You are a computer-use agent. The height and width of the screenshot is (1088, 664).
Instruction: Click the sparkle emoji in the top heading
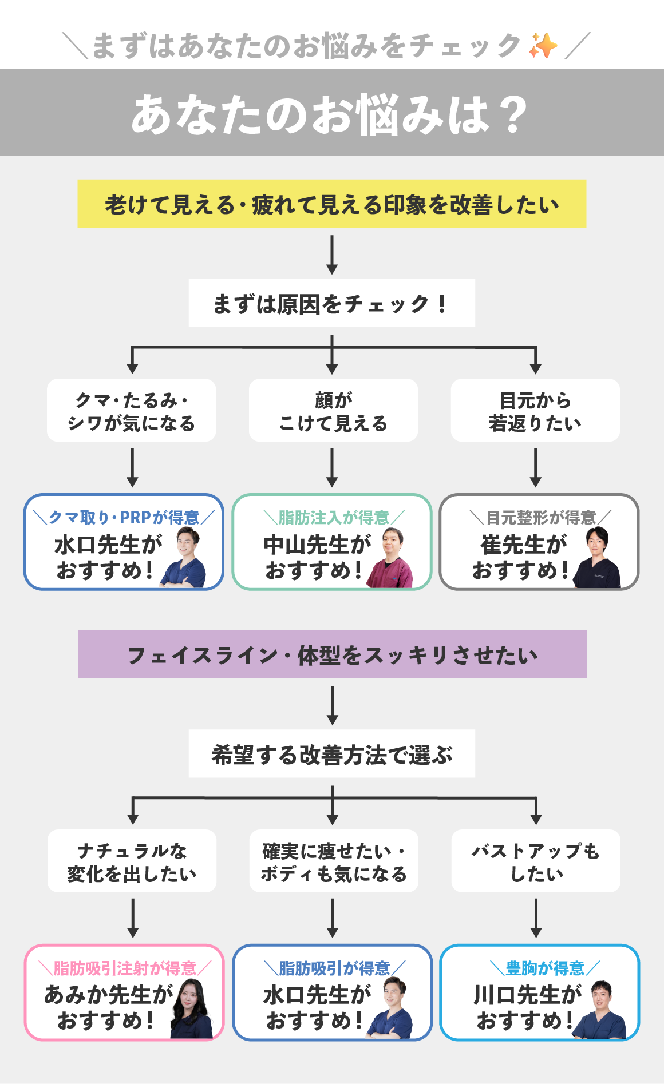pyautogui.click(x=543, y=46)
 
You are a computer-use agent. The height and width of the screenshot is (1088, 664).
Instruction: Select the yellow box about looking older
pyautogui.click(x=331, y=204)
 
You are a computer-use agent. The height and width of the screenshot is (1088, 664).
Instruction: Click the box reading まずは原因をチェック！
pyautogui.click(x=331, y=303)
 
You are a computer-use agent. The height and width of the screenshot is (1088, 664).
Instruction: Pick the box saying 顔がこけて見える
pyautogui.click(x=333, y=411)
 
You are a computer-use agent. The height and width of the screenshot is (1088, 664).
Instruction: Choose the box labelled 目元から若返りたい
pyautogui.click(x=535, y=411)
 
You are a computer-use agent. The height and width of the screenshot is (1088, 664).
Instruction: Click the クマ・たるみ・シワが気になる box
pyautogui.click(x=131, y=411)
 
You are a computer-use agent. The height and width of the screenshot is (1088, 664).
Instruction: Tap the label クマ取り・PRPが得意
pyautogui.click(x=124, y=518)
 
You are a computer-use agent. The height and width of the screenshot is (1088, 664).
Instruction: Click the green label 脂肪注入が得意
pyautogui.click(x=334, y=518)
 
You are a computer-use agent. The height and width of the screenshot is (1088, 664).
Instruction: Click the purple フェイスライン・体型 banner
pyautogui.click(x=332, y=654)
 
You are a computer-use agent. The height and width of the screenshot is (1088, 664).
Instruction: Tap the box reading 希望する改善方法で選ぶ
pyautogui.click(x=331, y=754)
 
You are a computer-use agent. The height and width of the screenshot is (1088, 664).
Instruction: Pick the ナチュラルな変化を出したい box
pyautogui.click(x=132, y=861)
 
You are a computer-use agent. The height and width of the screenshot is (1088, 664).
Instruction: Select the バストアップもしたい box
pyautogui.click(x=536, y=861)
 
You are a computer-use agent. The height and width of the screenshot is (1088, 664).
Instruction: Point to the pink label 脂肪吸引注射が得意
pyautogui.click(x=125, y=968)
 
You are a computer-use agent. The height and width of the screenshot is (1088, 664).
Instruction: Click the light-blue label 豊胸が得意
pyautogui.click(x=545, y=968)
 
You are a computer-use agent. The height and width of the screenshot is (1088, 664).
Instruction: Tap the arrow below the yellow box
pyautogui.click(x=332, y=254)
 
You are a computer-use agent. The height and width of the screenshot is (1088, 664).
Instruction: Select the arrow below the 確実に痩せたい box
pyautogui.click(x=333, y=918)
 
